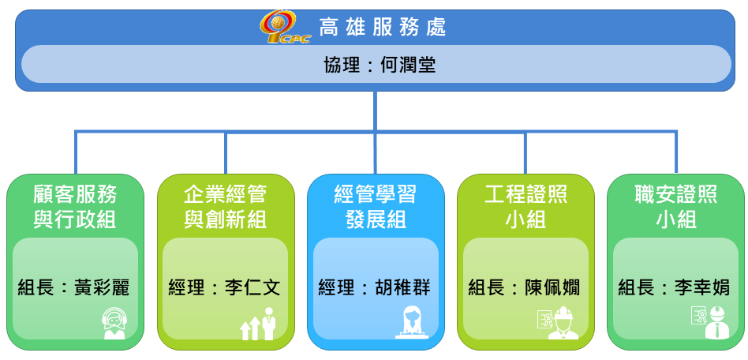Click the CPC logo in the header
click(x=286, y=27)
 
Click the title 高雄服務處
click(x=383, y=28)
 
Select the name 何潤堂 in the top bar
click(x=409, y=65)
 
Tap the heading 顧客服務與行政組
click(x=75, y=207)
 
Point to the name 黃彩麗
click(x=102, y=288)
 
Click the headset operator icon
click(x=114, y=323)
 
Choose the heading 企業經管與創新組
click(x=225, y=207)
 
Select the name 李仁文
click(x=252, y=288)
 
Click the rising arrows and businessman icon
click(x=258, y=323)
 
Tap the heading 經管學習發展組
click(x=376, y=207)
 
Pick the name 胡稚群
click(x=402, y=288)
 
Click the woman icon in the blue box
click(x=412, y=323)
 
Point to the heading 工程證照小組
click(x=525, y=207)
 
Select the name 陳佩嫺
click(x=552, y=288)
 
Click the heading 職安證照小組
click(x=676, y=207)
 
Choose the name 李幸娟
click(x=702, y=288)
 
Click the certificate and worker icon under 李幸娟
click(x=709, y=323)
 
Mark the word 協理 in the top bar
click(x=342, y=65)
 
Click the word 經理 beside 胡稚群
click(x=337, y=288)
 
